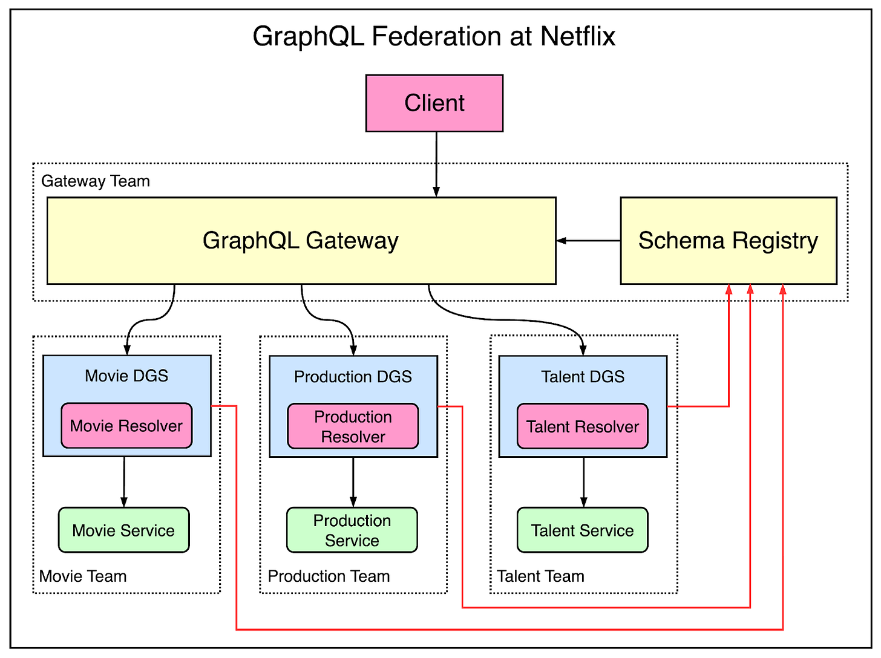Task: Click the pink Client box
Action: click(x=434, y=103)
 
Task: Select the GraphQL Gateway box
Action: click(x=301, y=241)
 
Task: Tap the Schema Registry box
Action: click(x=728, y=241)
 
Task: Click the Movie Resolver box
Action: click(x=126, y=426)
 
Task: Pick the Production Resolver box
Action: click(x=353, y=426)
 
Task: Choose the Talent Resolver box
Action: click(x=582, y=426)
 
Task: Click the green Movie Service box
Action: click(x=123, y=530)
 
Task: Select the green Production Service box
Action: click(x=352, y=530)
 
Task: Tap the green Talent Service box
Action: click(x=582, y=530)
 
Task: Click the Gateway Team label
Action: click(x=96, y=181)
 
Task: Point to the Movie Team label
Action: click(x=83, y=576)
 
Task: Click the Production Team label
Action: click(x=329, y=576)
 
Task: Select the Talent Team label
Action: click(x=540, y=576)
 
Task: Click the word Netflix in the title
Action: click(x=577, y=36)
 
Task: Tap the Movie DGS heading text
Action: click(x=126, y=376)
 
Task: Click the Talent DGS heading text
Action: click(x=583, y=377)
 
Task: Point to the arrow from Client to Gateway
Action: click(x=436, y=163)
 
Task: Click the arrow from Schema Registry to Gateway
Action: click(x=588, y=241)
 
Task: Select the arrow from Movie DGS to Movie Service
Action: click(x=124, y=481)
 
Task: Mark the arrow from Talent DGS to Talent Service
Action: click(x=584, y=481)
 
